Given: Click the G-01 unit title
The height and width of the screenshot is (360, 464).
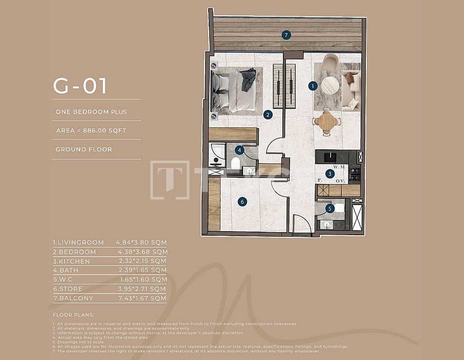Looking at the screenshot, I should point(80,86).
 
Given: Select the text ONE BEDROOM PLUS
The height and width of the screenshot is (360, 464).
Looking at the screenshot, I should point(92,112).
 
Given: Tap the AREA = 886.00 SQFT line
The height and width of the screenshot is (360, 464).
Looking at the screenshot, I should point(91,131).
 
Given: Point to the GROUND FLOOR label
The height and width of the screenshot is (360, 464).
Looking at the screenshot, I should point(84,150).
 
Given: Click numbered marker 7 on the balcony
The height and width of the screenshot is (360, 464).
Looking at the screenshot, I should point(286,35).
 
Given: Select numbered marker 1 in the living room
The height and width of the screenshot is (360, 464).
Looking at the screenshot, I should point(313,86).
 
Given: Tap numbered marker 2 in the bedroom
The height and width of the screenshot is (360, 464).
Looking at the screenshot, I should point(268,115).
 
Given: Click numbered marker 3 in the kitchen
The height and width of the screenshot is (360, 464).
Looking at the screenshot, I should point(330,174).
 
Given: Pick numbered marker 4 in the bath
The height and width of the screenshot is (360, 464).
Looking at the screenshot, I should point(239,150).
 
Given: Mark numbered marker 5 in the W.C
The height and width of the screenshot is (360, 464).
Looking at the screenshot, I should point(330,208).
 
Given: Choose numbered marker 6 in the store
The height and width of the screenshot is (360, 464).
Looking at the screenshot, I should point(242,201).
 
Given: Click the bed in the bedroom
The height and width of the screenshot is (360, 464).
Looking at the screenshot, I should point(234,91).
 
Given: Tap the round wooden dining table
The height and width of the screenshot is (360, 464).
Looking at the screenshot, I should point(326,122).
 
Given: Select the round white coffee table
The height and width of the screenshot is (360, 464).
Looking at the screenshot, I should point(330,85).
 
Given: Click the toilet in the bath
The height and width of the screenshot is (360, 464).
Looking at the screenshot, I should point(236,163).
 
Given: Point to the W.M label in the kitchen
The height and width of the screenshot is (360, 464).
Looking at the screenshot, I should point(339,167).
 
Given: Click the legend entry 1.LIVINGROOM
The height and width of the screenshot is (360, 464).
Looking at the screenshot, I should point(78,242).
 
